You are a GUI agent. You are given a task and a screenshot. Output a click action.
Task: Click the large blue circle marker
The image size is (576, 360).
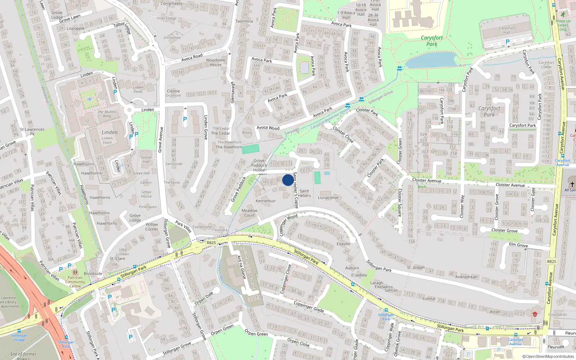point(288,180)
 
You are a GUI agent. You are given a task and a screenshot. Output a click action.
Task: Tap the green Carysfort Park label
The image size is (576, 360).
point(432,41)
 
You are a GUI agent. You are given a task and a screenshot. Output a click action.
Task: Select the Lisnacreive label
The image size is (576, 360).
point(328,198)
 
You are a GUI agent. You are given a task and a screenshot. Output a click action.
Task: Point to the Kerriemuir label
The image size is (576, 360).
point(266,201)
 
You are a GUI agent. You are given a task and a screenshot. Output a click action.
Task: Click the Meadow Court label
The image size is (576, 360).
point(249,213)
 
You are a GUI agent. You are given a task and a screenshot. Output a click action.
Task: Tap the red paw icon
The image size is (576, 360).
point(535,314)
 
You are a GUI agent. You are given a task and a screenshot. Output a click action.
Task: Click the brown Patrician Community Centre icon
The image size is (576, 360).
point(75,273)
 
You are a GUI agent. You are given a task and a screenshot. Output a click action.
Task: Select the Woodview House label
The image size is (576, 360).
point(216,63)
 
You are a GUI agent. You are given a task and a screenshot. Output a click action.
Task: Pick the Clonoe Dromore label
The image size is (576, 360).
point(173,93)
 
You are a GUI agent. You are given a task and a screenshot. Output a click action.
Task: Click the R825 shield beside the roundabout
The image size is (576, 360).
point(211,243)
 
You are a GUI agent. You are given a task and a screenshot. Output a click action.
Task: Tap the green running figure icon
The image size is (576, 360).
point(563,14)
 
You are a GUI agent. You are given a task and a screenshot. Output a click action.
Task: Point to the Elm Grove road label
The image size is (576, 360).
point(518,245)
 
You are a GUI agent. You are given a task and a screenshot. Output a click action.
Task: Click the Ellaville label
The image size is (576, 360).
point(343,244)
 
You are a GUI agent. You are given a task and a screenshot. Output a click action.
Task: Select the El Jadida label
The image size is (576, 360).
point(359,275)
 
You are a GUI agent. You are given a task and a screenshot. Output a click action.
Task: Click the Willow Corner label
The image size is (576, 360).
point(152,226)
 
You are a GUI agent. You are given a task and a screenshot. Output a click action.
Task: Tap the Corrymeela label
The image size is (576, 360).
point(171,4)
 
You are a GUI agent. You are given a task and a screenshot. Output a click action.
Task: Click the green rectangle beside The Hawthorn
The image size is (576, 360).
point(251,149)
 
